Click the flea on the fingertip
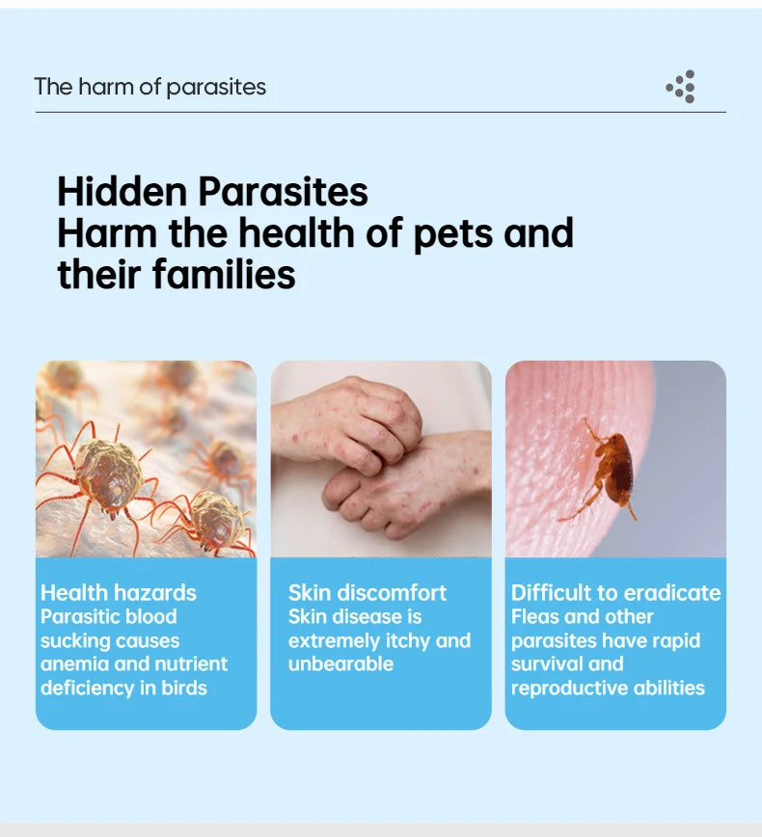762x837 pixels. (612, 468)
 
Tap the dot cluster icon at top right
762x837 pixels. (681, 87)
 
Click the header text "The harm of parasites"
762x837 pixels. (150, 87)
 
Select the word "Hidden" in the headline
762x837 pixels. (122, 191)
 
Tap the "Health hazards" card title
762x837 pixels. (118, 593)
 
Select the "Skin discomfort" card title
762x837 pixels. (367, 593)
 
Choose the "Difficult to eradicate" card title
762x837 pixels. (615, 593)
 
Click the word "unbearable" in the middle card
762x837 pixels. (340, 663)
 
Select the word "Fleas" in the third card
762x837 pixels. (536, 617)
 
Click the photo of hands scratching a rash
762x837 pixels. (380, 459)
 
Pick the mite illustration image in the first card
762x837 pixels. (146, 459)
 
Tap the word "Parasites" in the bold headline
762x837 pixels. (283, 191)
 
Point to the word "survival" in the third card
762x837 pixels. (547, 663)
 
